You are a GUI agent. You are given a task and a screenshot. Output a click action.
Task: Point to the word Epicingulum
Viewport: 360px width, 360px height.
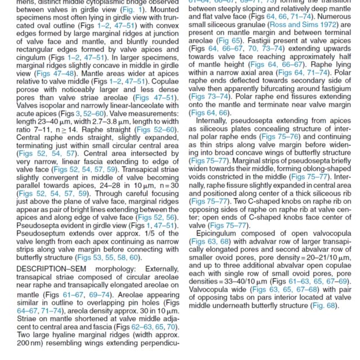coord(220,232)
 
